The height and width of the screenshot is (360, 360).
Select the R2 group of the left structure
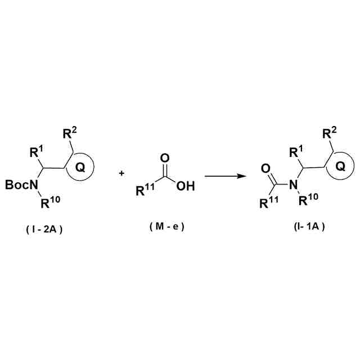69,134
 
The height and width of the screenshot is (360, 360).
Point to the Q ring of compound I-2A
80,167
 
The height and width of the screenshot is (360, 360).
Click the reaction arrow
226,177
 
